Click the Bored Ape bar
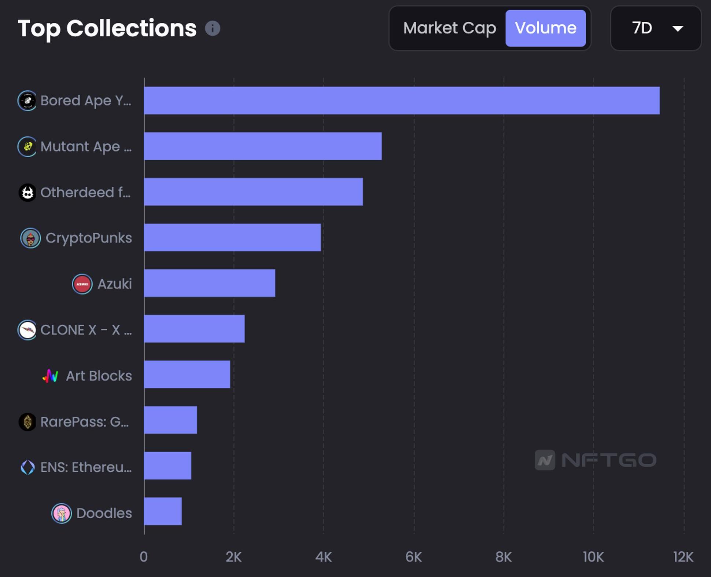coord(402,101)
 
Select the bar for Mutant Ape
coord(263,146)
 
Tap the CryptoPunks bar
coord(232,238)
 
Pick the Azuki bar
coord(210,283)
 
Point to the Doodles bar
coord(163,511)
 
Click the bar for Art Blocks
coord(187,375)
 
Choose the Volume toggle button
coord(545,28)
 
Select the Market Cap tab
coord(449,28)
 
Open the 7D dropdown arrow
coord(678,29)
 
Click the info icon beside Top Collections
coord(213,28)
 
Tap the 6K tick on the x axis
coord(414,557)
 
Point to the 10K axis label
coord(593,557)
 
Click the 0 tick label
coord(144,557)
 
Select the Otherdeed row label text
coord(85,192)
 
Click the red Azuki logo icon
coord(82,284)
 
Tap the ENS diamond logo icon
coord(27,467)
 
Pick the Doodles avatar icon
coord(61,513)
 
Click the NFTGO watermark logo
coord(596,460)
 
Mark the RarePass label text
coord(85,422)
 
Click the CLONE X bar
coord(194,329)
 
